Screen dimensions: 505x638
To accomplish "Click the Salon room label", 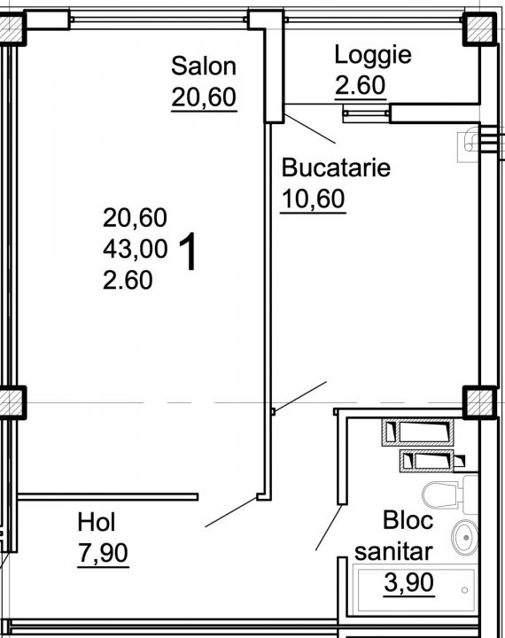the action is (x=204, y=66).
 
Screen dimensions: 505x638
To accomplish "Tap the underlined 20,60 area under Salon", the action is (x=204, y=97).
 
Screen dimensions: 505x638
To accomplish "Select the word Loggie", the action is (x=373, y=55).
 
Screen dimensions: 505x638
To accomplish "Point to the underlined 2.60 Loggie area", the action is (x=360, y=85).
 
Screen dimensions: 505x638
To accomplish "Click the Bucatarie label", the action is (x=336, y=167).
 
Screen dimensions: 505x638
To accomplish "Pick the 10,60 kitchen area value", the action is (x=313, y=199).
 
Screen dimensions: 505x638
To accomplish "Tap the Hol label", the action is (x=97, y=522).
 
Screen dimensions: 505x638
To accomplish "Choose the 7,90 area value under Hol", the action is (x=103, y=553).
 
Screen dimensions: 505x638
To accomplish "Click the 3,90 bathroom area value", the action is (x=409, y=583).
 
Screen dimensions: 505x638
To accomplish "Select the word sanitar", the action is (x=393, y=552).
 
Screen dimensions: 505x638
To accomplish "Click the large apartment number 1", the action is (x=188, y=252).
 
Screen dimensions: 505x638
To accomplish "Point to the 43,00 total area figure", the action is (x=135, y=249).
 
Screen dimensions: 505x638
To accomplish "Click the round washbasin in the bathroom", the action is (x=465, y=538).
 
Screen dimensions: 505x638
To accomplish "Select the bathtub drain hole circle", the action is (x=465, y=590).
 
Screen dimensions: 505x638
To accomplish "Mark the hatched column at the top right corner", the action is (x=479, y=28).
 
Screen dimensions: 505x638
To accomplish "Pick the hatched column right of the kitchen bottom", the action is (x=480, y=402).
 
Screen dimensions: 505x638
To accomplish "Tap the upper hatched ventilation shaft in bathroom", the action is (x=417, y=432).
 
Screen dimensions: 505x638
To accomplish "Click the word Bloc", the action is (x=408, y=520).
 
